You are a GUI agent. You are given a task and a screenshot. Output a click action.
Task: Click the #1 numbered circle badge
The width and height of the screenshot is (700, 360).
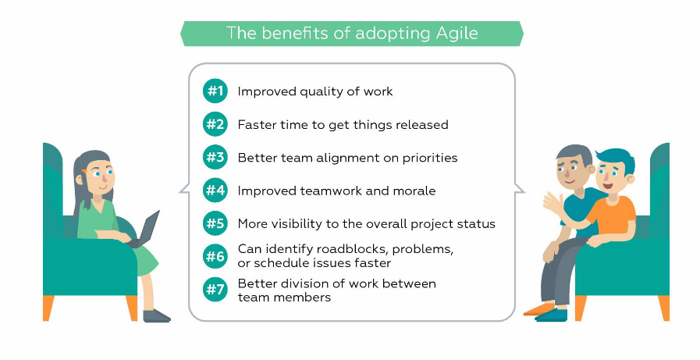click(x=215, y=91)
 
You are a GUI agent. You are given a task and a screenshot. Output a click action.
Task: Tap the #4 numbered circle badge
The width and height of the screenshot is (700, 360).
click(x=215, y=191)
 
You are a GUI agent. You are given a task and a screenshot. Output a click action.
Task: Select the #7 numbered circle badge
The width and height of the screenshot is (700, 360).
click(x=215, y=290)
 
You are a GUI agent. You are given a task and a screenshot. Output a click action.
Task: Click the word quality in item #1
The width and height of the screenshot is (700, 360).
click(x=321, y=92)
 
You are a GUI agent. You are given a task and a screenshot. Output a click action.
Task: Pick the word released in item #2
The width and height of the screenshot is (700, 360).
click(x=423, y=125)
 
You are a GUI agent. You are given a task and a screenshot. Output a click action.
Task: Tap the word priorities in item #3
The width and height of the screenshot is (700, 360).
click(x=430, y=159)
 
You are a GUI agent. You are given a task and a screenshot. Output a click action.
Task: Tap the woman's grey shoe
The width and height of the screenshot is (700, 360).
click(x=156, y=315)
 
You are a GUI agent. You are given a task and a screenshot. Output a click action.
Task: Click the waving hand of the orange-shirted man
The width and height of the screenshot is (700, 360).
click(x=553, y=204)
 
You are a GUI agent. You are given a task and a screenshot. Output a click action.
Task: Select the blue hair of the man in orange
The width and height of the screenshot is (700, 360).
click(x=616, y=158)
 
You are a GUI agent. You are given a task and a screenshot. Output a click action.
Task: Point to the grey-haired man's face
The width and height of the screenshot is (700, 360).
click(x=570, y=170)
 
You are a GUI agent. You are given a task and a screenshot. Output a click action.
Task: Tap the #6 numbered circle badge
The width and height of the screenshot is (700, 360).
click(x=215, y=256)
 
